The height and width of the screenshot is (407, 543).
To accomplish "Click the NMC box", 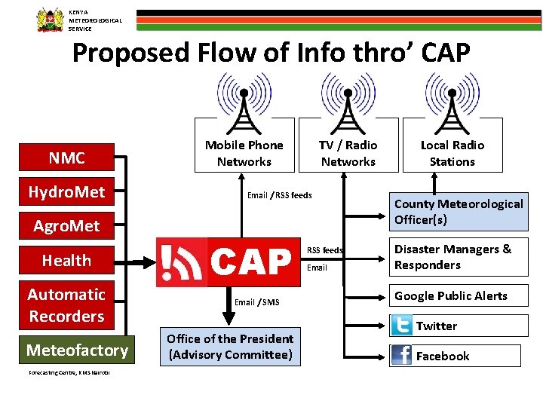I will coord(66,158).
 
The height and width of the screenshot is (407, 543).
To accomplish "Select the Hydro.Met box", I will coord(66,192).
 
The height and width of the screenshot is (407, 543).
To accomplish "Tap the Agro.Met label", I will coord(66,225).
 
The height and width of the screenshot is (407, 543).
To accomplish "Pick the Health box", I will coord(66,261).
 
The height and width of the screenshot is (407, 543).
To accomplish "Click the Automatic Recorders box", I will coord(66,305).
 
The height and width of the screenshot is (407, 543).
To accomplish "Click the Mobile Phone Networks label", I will coord(244,153).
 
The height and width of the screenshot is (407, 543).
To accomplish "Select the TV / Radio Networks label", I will coord(348,153).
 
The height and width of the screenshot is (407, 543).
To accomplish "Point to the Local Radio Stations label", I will coord(452,153).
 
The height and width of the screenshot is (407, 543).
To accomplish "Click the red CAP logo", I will coord(225,262).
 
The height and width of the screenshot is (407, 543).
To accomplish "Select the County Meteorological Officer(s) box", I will coord(459,212).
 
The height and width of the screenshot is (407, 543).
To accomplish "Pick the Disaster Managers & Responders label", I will coord(452,257).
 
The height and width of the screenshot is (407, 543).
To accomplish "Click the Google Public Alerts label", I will coord(451,295).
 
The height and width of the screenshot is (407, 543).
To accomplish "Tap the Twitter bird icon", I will coord(402,326).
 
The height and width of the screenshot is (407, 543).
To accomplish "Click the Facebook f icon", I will coord(402,356).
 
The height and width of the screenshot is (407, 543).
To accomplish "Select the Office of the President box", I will coord(230,347).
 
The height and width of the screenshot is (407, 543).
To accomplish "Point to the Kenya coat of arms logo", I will coord(51,20).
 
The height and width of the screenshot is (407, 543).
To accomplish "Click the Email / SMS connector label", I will coord(256,302).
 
